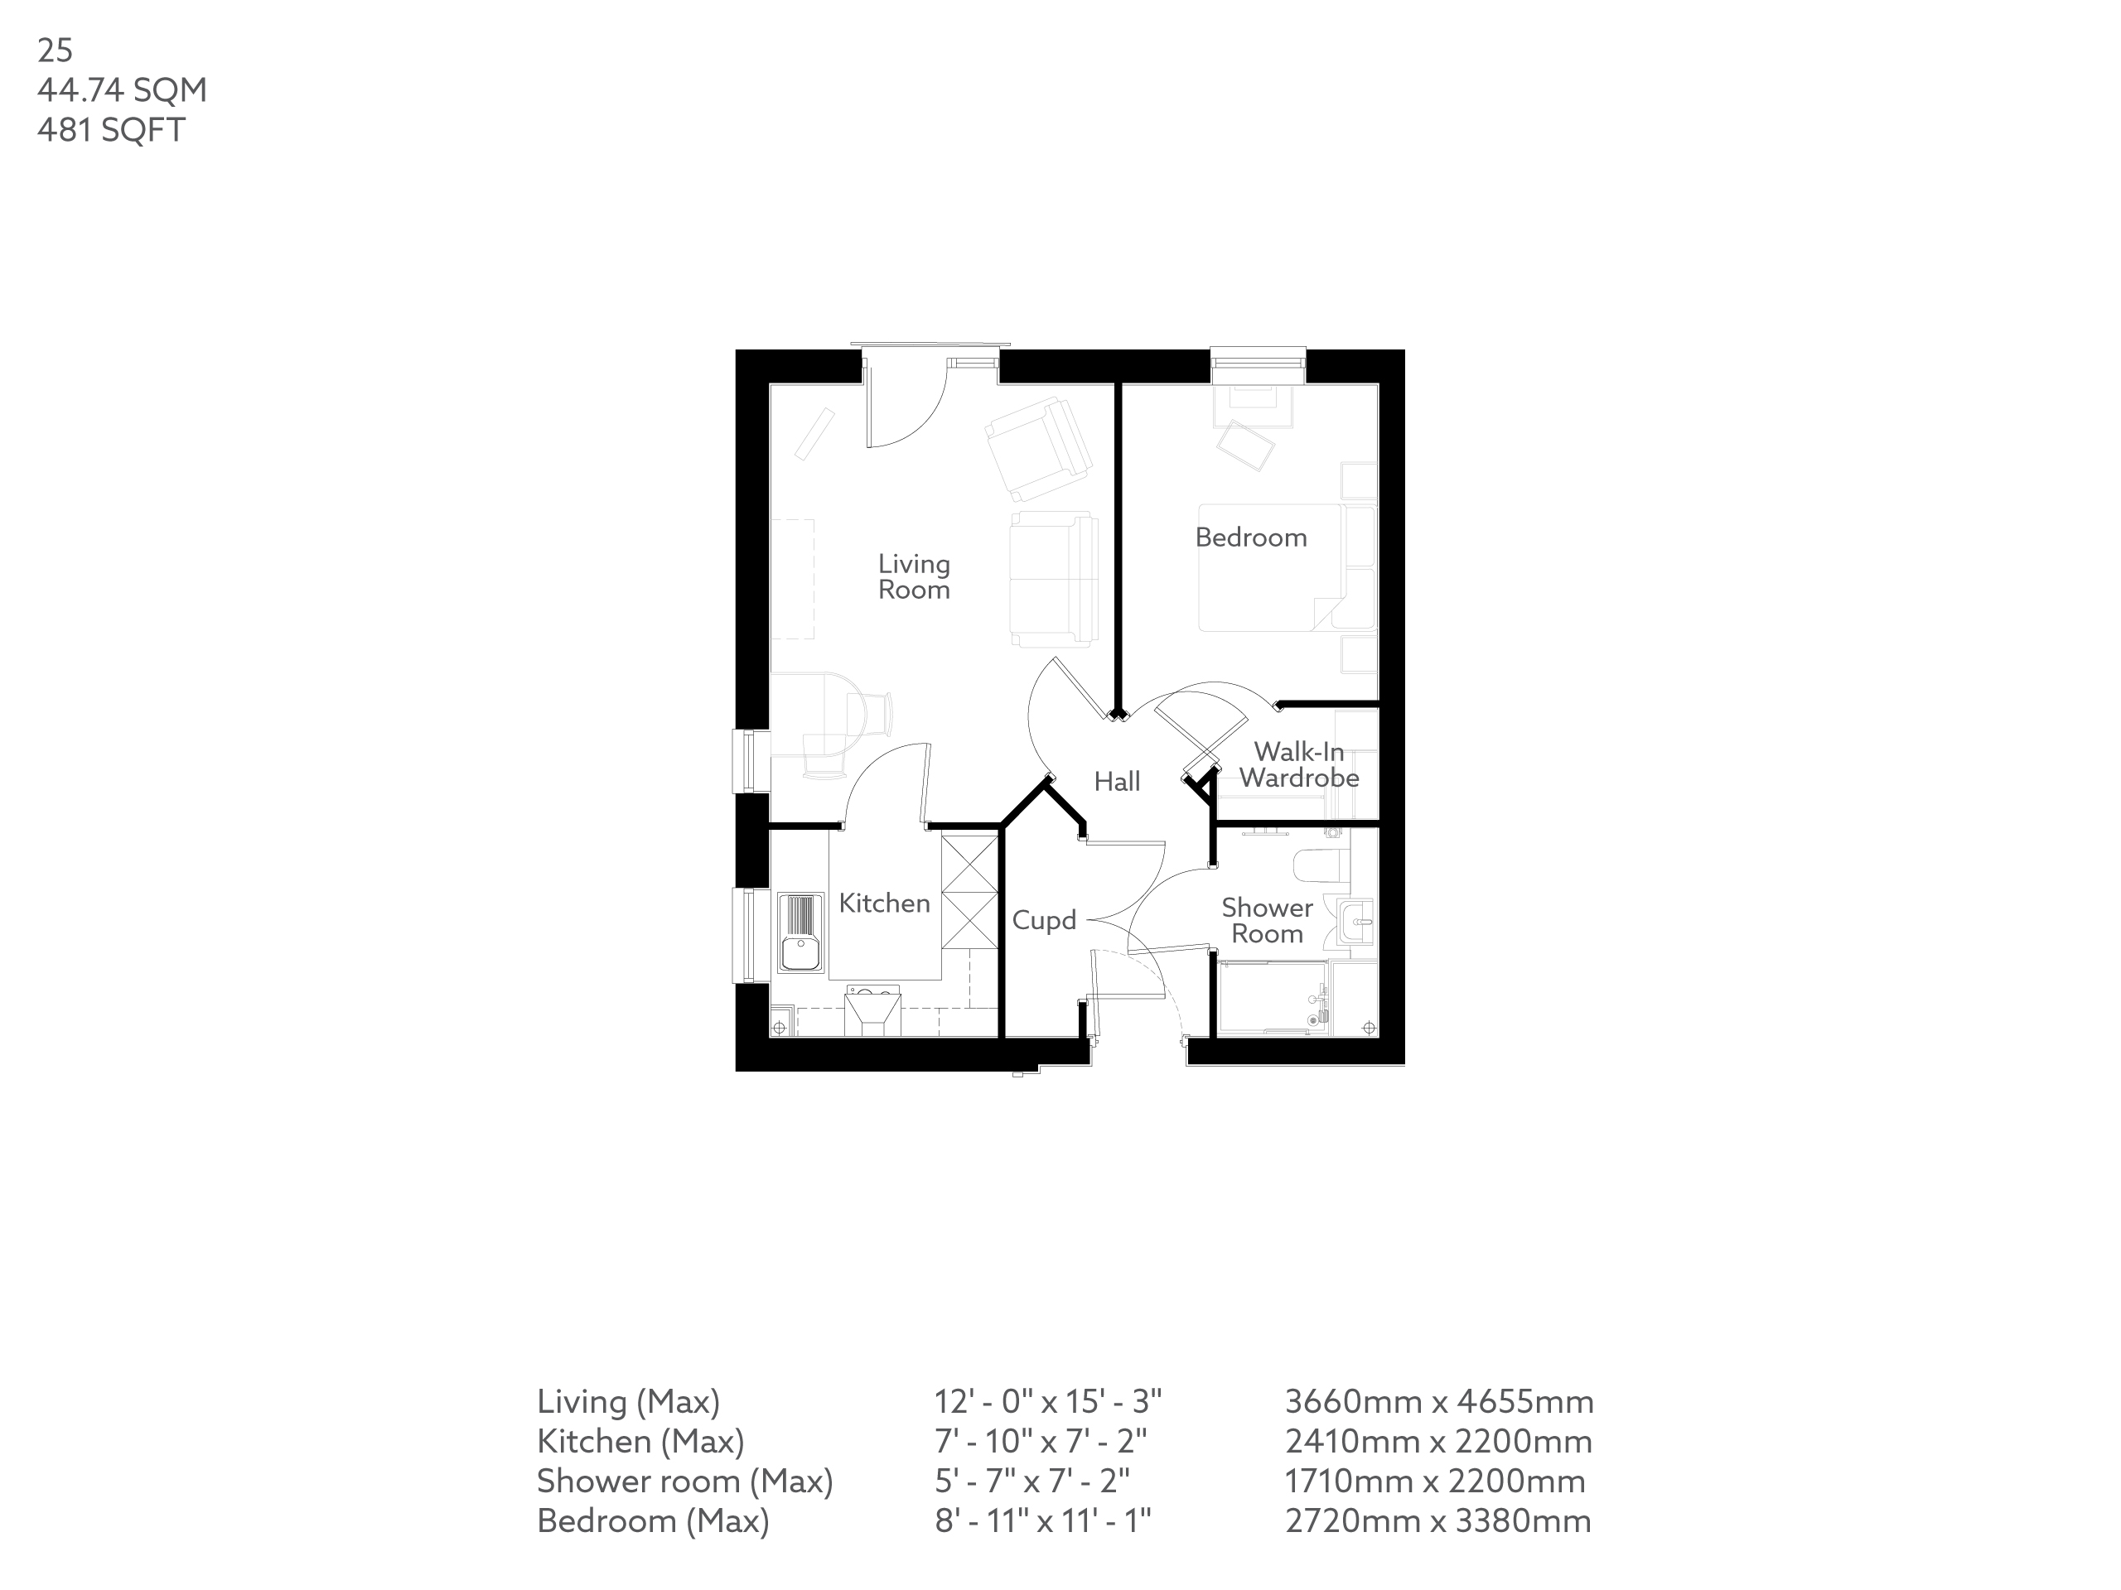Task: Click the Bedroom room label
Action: (1250, 537)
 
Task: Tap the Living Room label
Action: (914, 577)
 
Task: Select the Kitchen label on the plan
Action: (884, 903)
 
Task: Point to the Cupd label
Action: (1044, 921)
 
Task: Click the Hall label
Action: (1117, 782)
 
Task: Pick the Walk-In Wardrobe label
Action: (1299, 765)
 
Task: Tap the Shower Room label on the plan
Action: (1267, 921)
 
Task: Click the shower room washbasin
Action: (1355, 922)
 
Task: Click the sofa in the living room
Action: (1053, 579)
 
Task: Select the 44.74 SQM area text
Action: (122, 90)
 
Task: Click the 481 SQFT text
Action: (111, 130)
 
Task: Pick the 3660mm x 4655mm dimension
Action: (1438, 1402)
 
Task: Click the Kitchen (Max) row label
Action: (640, 1442)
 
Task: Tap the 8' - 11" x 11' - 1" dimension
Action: (1042, 1521)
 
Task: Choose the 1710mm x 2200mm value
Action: (1434, 1482)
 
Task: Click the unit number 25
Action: (55, 50)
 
